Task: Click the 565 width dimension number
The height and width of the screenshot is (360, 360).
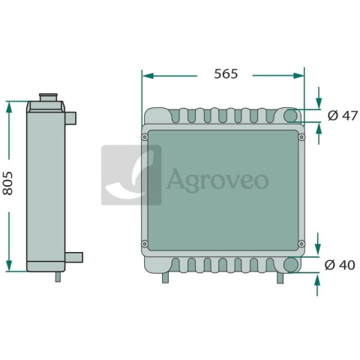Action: click(226, 74)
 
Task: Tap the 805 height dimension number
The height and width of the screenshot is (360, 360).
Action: click(7, 183)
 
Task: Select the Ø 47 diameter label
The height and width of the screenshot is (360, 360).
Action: click(343, 115)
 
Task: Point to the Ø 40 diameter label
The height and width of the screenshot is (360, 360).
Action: click(340, 265)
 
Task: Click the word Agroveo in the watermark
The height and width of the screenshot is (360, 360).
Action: click(217, 180)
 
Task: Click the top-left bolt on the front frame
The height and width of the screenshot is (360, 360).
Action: click(145, 137)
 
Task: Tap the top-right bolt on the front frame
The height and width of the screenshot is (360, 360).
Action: click(301, 137)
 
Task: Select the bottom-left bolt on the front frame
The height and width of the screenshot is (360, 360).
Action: click(145, 244)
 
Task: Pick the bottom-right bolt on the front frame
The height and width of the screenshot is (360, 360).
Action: click(301, 244)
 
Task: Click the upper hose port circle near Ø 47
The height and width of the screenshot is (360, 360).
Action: click(291, 115)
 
